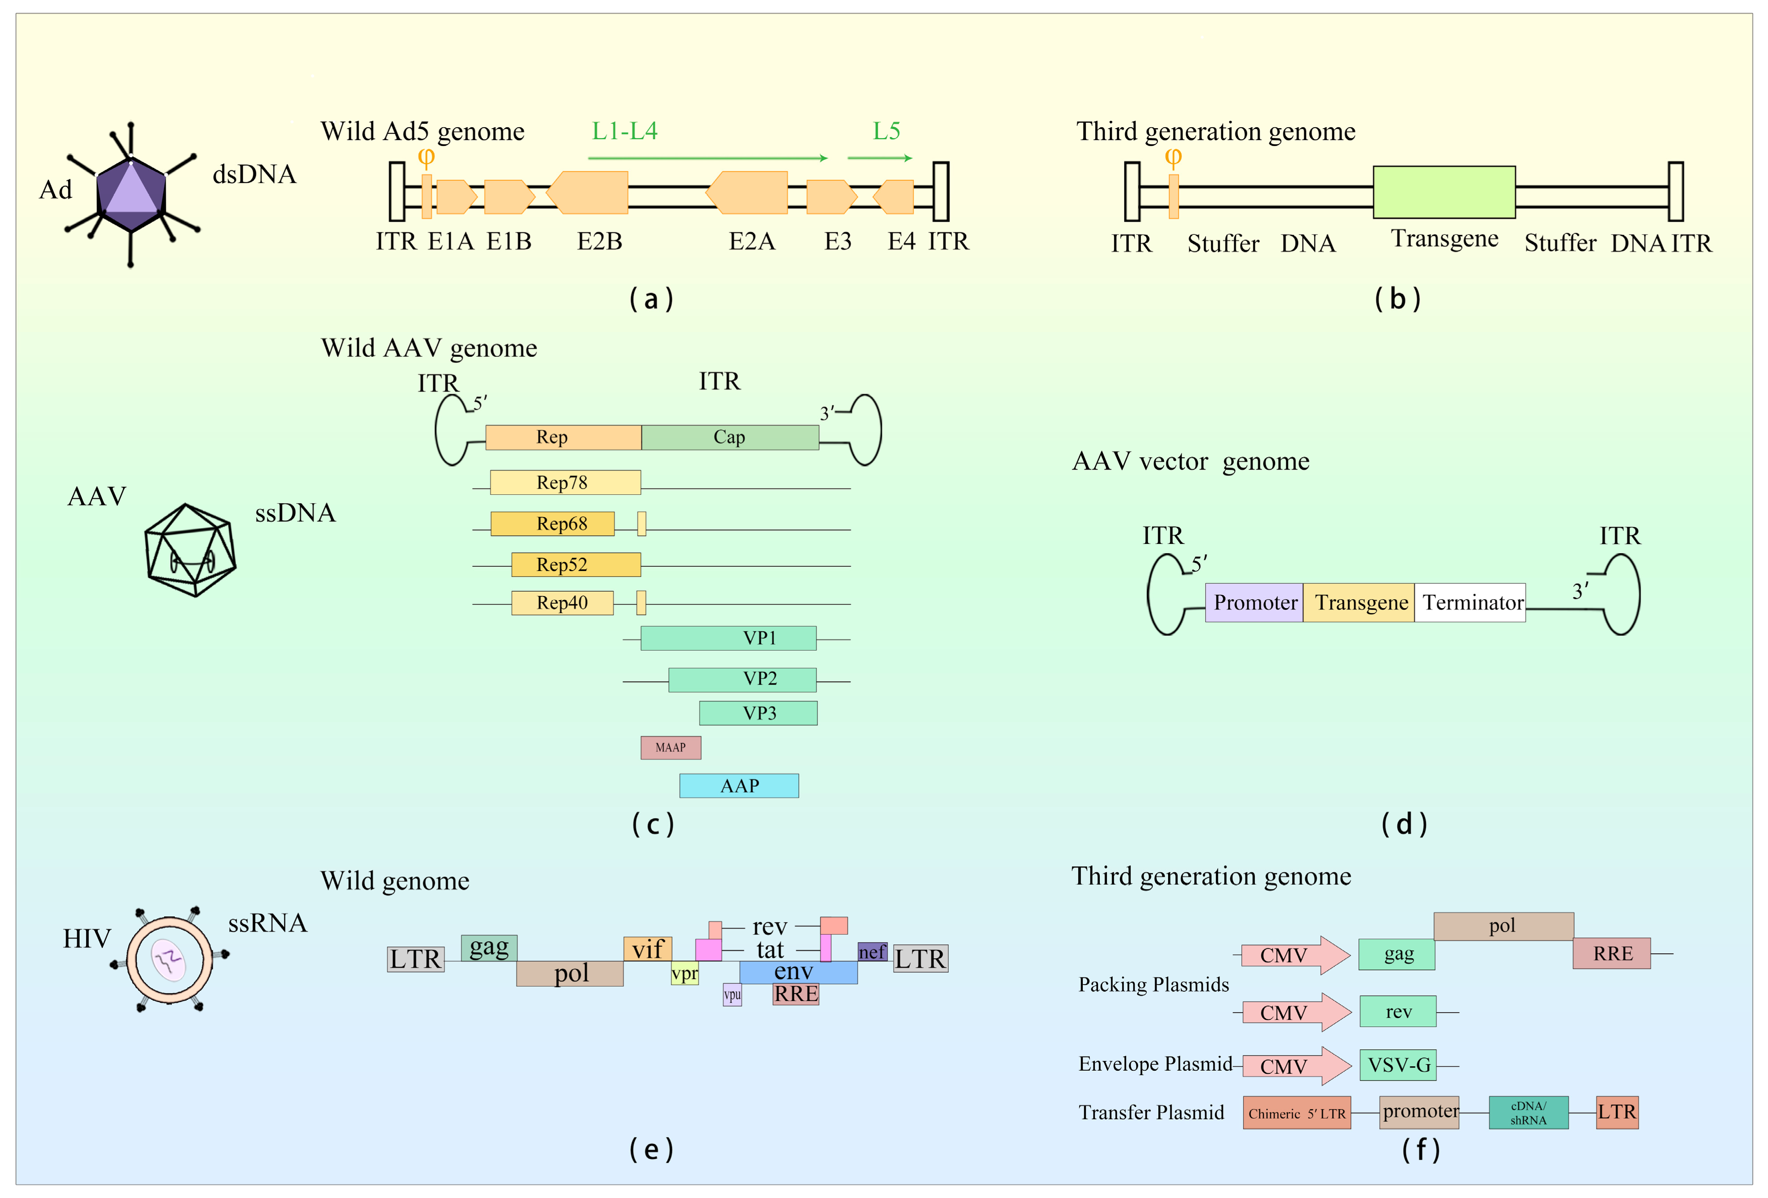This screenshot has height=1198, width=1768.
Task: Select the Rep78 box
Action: [x=565, y=482]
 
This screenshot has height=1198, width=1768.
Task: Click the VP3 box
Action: [x=758, y=713]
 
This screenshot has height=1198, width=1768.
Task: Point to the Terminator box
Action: [x=1470, y=602]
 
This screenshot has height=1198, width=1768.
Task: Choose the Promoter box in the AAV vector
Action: [x=1254, y=602]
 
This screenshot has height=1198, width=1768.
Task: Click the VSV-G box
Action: [x=1398, y=1065]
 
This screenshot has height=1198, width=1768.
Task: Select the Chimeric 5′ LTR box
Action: [x=1297, y=1113]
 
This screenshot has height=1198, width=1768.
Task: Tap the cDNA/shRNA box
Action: [x=1529, y=1113]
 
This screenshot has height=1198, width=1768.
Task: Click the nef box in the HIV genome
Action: [x=872, y=952]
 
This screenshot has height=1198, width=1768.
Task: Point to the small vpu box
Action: [x=732, y=994]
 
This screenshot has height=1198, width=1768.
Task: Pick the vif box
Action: [x=647, y=948]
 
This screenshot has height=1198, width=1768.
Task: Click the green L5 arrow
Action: [x=880, y=158]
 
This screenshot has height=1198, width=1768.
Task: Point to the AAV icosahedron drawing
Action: [x=190, y=549]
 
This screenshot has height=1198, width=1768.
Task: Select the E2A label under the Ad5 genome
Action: [x=752, y=241]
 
